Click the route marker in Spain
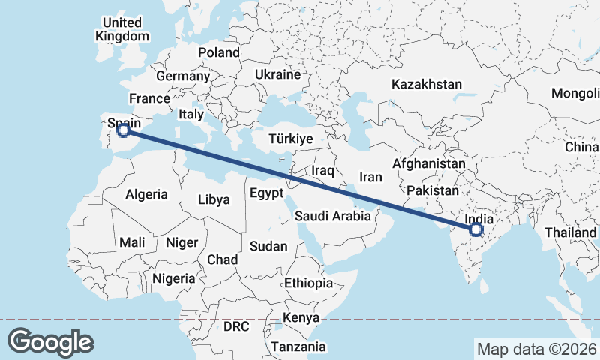(124, 131)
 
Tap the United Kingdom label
(123, 29)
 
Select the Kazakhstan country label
(426, 84)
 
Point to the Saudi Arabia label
(332, 216)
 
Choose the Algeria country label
(146, 194)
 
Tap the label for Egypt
(266, 193)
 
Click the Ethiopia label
(308, 283)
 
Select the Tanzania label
(298, 346)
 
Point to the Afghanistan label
(429, 163)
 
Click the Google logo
(50, 341)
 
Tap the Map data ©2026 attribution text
(536, 349)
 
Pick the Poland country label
(219, 52)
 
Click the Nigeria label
(173, 278)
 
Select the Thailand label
(571, 232)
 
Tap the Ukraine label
(277, 75)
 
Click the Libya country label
(214, 199)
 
